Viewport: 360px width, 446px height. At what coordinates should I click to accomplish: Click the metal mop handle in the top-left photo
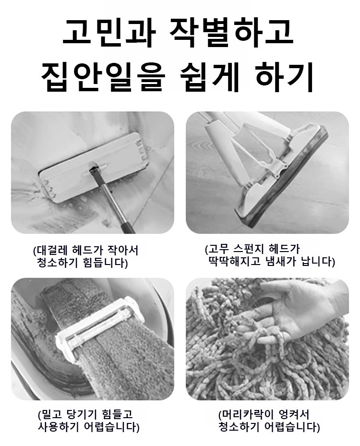click(x=115, y=202)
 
